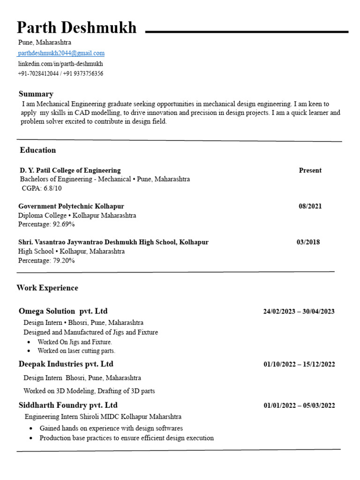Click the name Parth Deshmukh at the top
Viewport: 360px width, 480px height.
pyautogui.click(x=77, y=28)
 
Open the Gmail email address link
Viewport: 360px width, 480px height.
pyautogui.click(x=61, y=53)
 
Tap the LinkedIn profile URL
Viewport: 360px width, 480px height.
pyautogui.click(x=60, y=64)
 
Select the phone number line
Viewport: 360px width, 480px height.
pyautogui.click(x=60, y=74)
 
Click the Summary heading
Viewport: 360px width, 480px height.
pyautogui.click(x=36, y=94)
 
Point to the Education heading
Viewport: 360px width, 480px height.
pyautogui.click(x=38, y=150)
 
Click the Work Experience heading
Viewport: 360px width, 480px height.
pyautogui.click(x=47, y=288)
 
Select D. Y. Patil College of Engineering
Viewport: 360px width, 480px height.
pyautogui.click(x=70, y=170)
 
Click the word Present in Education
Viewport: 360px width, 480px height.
pyautogui.click(x=310, y=171)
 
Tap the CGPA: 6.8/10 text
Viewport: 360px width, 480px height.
pyautogui.click(x=42, y=188)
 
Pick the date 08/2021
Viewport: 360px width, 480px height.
pyautogui.click(x=310, y=206)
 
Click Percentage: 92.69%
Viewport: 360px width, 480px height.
pyautogui.click(x=46, y=225)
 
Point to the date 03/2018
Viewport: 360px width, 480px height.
pyautogui.click(x=308, y=242)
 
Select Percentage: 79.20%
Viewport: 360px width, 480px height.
pyautogui.click(x=46, y=261)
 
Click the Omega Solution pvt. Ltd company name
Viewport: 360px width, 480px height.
pyautogui.click(x=63, y=311)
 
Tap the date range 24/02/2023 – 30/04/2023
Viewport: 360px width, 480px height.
pyautogui.click(x=299, y=312)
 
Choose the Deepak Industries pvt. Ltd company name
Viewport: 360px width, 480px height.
pyautogui.click(x=66, y=364)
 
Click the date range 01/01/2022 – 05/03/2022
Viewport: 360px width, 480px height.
pyautogui.click(x=299, y=406)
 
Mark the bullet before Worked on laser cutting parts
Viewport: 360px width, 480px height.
pyautogui.click(x=29, y=351)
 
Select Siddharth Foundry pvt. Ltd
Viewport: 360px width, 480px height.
pyautogui.click(x=68, y=405)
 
